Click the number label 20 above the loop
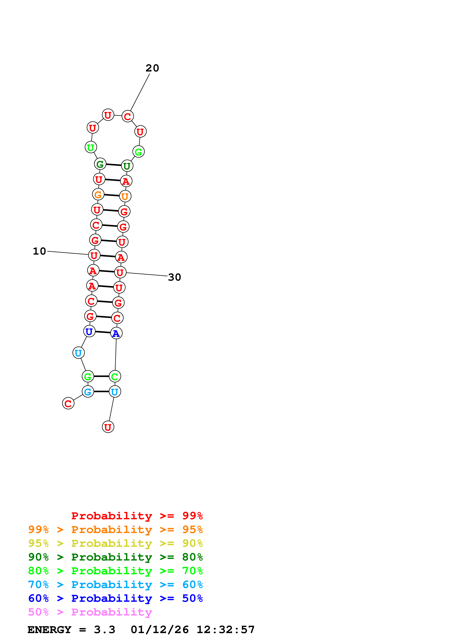point(152,68)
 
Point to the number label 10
point(39,251)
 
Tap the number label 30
point(174,277)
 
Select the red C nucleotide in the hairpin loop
point(128,116)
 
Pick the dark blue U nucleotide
point(89,331)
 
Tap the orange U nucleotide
point(125,196)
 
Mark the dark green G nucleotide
point(100,164)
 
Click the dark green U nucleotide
point(127,166)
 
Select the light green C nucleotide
point(115,376)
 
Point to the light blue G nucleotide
point(88,392)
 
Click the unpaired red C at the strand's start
point(68,403)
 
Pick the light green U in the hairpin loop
point(90,147)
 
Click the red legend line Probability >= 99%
point(137,516)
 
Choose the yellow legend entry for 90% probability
point(115,543)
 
